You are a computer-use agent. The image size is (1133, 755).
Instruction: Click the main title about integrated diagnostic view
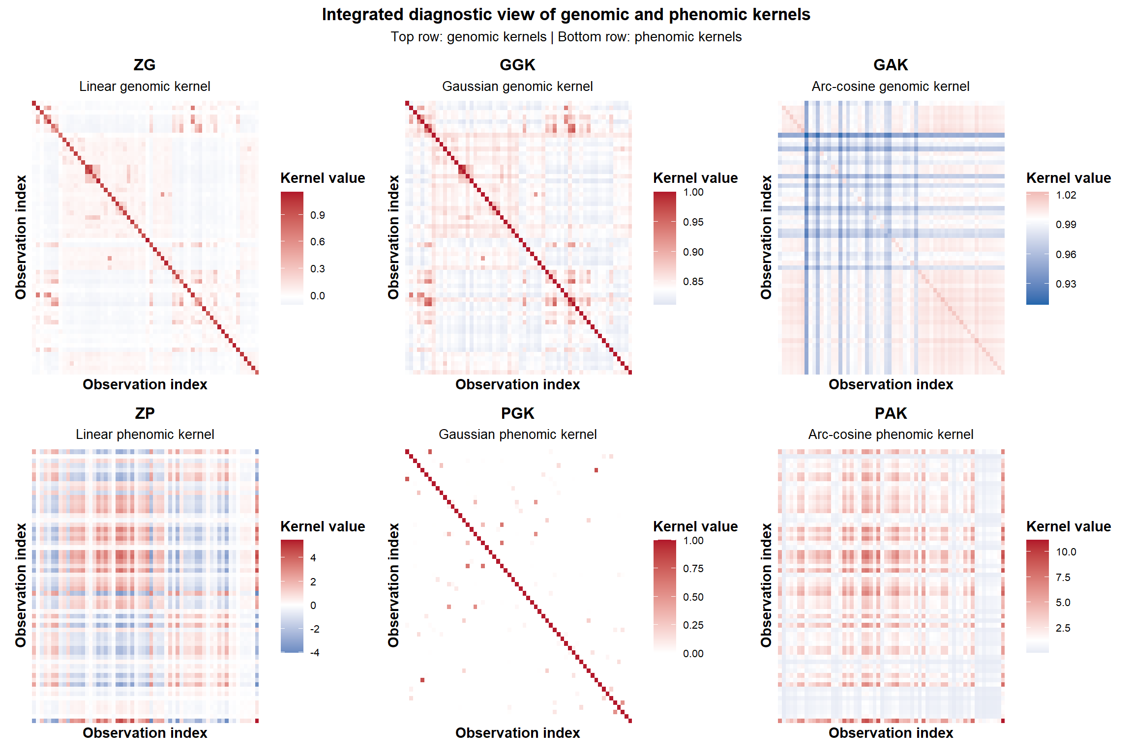click(x=566, y=15)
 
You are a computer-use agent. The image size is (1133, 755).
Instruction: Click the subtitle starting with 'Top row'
click(x=566, y=37)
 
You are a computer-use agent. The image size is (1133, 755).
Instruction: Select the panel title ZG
click(x=145, y=65)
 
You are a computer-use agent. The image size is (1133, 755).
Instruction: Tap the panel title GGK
click(x=517, y=65)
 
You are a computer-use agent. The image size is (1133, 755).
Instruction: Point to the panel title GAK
click(x=891, y=65)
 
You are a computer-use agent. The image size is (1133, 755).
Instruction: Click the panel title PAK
click(x=891, y=413)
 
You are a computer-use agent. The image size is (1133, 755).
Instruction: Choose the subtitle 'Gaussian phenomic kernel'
click(x=517, y=435)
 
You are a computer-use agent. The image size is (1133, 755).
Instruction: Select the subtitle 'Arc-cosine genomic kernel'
click(x=891, y=87)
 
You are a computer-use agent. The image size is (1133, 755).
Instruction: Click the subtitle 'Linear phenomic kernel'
click(x=145, y=435)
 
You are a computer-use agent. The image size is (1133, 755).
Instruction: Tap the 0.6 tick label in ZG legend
click(x=318, y=242)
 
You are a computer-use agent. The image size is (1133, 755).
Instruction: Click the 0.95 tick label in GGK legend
click(x=693, y=222)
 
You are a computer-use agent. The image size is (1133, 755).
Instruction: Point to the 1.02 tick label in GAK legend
click(x=1066, y=195)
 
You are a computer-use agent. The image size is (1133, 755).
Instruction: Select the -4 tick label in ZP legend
click(x=315, y=653)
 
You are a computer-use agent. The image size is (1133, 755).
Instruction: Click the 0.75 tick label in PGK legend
click(x=693, y=569)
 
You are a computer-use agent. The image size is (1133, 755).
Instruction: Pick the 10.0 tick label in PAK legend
click(x=1066, y=552)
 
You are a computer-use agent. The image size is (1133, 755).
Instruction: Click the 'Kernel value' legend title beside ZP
click(x=323, y=526)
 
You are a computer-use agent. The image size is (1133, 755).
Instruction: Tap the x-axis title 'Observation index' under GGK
click(x=517, y=384)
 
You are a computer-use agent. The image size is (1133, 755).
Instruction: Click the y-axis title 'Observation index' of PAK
click(x=766, y=585)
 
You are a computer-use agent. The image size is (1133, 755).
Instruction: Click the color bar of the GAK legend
click(x=1037, y=248)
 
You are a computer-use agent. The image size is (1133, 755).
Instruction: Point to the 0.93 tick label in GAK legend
click(x=1066, y=284)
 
